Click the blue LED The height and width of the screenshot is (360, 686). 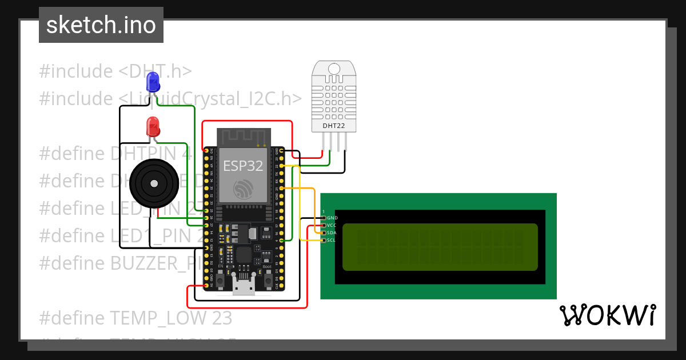point(153,82)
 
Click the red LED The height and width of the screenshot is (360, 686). point(153,126)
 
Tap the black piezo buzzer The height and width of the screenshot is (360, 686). point(153,183)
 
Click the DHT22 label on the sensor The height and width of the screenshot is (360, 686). point(334,125)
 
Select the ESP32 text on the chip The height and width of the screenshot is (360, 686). point(243,166)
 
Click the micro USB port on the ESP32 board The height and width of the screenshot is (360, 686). point(244,286)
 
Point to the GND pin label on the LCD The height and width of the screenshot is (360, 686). point(332,218)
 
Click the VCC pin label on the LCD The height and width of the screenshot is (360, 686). point(332,225)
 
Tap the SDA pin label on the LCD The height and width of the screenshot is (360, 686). point(332,233)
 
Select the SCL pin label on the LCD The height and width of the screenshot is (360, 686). point(332,240)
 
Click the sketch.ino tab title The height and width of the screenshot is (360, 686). point(101,25)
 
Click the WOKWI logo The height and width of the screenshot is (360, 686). point(607,315)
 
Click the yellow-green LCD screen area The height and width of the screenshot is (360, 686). point(440,247)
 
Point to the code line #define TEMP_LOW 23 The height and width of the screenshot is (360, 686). point(136,317)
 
